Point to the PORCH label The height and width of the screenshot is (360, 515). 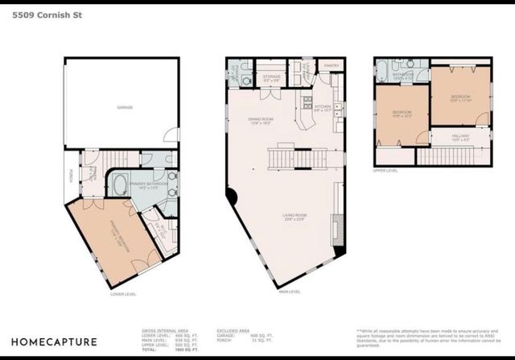click(70, 175)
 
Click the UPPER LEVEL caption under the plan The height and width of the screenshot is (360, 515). click(386, 170)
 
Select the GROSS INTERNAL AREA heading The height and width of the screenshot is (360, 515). click(159, 330)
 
